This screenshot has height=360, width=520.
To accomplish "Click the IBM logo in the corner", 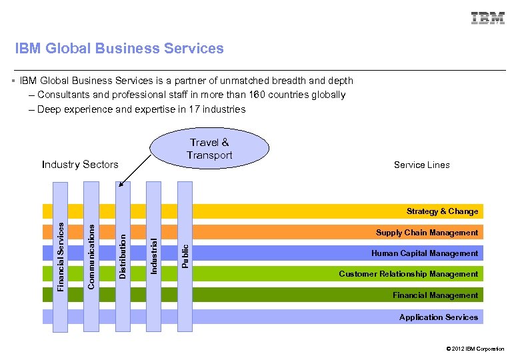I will (x=488, y=18).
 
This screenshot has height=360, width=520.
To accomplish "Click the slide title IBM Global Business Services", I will (x=120, y=49).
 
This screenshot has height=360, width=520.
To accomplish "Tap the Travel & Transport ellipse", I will (x=209, y=149).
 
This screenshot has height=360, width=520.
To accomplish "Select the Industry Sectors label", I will (x=80, y=165).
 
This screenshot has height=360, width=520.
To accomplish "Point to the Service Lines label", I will (x=421, y=165).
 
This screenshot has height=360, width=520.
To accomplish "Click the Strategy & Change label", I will (x=442, y=211).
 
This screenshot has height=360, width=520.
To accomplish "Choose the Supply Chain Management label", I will (x=427, y=233).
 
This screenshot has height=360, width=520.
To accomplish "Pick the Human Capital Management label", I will (x=424, y=253).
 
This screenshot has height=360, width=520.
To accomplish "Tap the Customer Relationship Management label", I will (x=408, y=274).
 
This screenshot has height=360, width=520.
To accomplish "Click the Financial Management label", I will (x=435, y=295).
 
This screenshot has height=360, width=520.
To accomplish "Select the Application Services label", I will (x=438, y=317).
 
